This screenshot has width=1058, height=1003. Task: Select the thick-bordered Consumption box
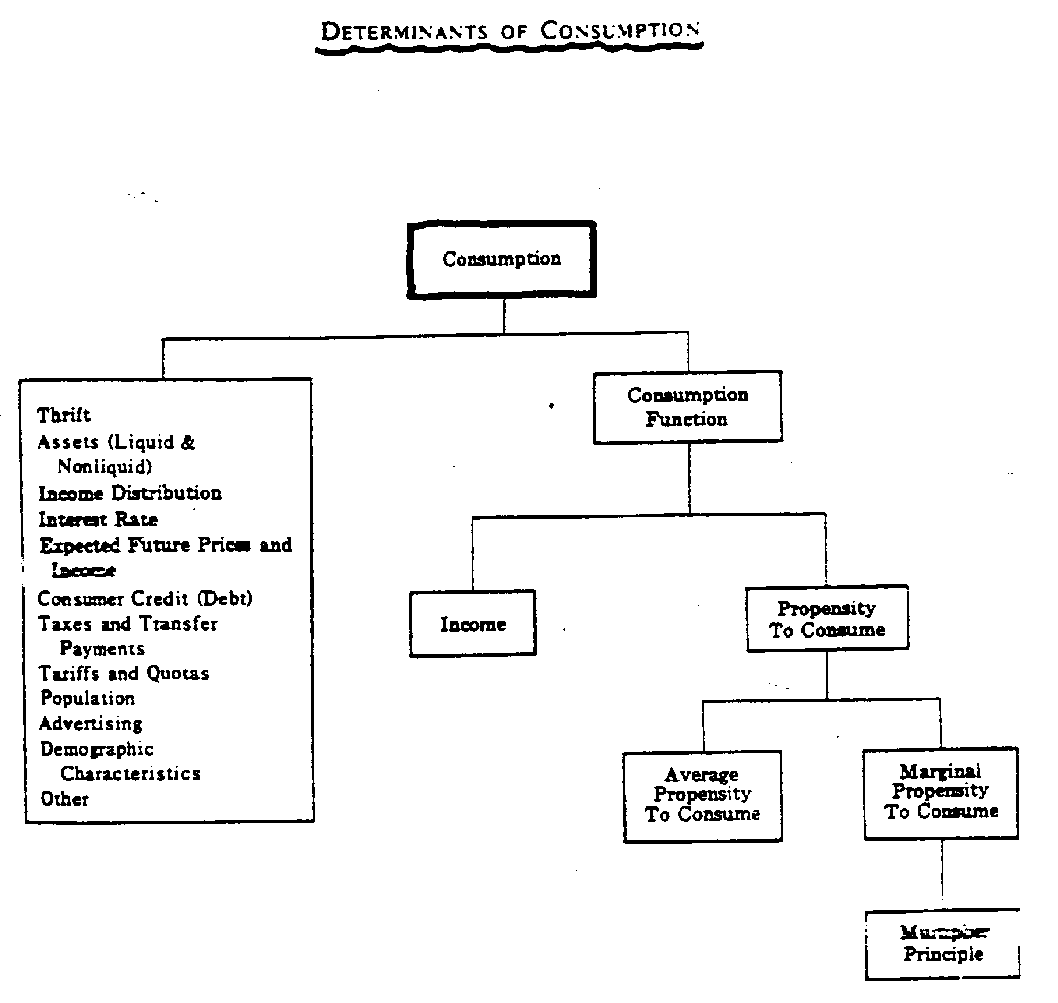pyautogui.click(x=502, y=259)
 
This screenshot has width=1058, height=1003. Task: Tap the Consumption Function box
pyautogui.click(x=688, y=407)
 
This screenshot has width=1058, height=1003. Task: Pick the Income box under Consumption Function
pyautogui.click(x=472, y=624)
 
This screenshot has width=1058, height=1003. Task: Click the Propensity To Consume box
pyautogui.click(x=827, y=619)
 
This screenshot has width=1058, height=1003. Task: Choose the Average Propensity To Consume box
pyautogui.click(x=703, y=795)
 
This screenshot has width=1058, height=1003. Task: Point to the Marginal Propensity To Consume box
pyautogui.click(x=941, y=792)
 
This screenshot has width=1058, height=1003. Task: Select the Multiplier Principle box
pyautogui.click(x=943, y=944)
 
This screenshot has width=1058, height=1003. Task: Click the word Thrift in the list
pyautogui.click(x=64, y=415)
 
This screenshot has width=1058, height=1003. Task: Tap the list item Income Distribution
pyautogui.click(x=130, y=493)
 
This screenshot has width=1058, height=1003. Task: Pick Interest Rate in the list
pyautogui.click(x=98, y=519)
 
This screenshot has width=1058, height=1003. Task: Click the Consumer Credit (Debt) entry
pyautogui.click(x=145, y=598)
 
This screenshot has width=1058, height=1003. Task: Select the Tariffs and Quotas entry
pyautogui.click(x=124, y=673)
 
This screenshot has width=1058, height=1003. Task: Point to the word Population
pyautogui.click(x=88, y=698)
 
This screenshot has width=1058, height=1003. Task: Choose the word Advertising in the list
pyautogui.click(x=91, y=723)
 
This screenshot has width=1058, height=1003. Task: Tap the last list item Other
pyautogui.click(x=64, y=799)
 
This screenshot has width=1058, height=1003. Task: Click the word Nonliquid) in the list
pyautogui.click(x=105, y=467)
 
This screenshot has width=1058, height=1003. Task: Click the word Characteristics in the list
pyautogui.click(x=130, y=774)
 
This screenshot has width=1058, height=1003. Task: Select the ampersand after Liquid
pyautogui.click(x=188, y=442)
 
